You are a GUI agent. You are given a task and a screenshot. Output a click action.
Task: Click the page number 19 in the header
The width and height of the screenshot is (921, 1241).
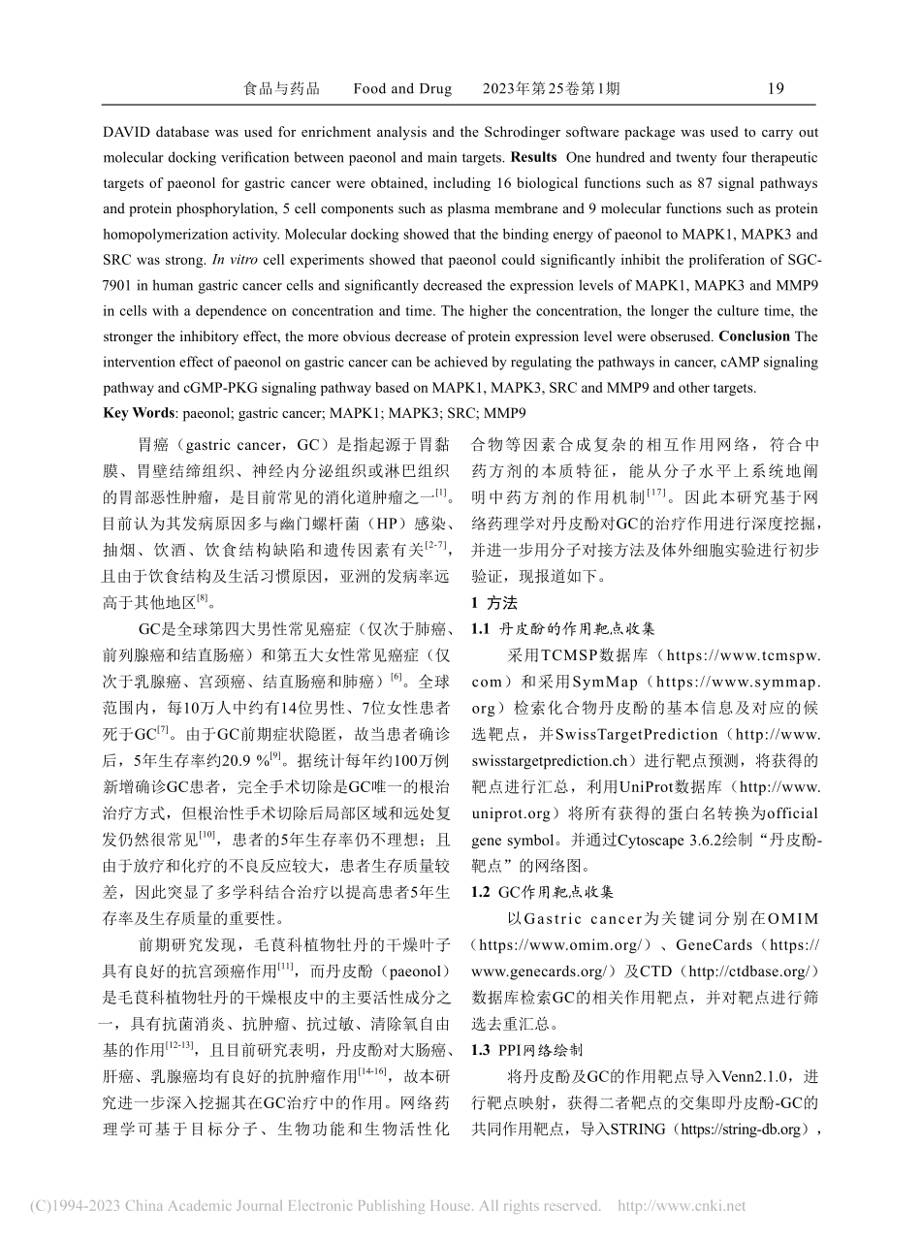[776, 89]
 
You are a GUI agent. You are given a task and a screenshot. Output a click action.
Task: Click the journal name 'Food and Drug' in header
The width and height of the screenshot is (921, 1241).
[402, 89]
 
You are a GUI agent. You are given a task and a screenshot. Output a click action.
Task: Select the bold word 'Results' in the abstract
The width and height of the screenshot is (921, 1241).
[533, 157]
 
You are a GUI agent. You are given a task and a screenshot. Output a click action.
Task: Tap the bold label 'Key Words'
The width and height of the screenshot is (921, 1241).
[141, 412]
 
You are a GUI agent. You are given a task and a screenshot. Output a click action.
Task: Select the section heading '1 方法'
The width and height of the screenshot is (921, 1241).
[493, 602]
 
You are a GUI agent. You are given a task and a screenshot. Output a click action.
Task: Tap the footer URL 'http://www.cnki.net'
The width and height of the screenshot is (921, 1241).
[682, 1206]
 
